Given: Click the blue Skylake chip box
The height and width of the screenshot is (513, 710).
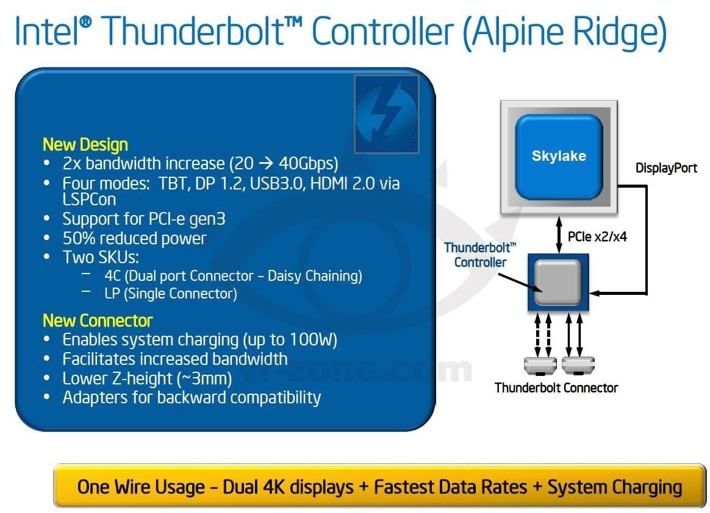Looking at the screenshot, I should tap(558, 157).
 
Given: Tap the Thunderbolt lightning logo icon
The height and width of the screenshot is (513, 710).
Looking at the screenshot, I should tap(386, 113).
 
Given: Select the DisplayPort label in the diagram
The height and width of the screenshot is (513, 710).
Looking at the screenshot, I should tap(666, 168).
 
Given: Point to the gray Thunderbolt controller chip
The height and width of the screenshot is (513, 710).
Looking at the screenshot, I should tap(558, 282).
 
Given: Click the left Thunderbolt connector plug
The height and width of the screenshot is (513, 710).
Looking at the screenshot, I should tap(540, 366).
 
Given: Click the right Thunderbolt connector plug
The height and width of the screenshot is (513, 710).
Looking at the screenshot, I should tap(577, 366).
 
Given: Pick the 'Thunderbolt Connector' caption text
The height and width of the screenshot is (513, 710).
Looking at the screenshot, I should tap(556, 388).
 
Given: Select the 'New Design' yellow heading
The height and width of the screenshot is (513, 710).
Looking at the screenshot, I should tap(85, 145).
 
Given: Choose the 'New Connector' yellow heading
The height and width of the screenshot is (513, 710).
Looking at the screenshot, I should tap(98, 320).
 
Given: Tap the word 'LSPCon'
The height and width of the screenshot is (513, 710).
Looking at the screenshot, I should tap(89, 200).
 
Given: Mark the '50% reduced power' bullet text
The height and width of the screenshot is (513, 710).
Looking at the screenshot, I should tap(134, 238).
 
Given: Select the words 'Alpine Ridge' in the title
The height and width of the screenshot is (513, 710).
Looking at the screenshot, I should tap(564, 32).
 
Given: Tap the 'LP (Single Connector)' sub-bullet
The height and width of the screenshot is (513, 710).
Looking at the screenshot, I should tap(170, 294).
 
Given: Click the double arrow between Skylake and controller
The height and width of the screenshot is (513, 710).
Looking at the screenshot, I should tap(558, 235).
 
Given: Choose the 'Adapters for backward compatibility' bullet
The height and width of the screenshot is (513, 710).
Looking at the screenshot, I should tap(192, 398).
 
